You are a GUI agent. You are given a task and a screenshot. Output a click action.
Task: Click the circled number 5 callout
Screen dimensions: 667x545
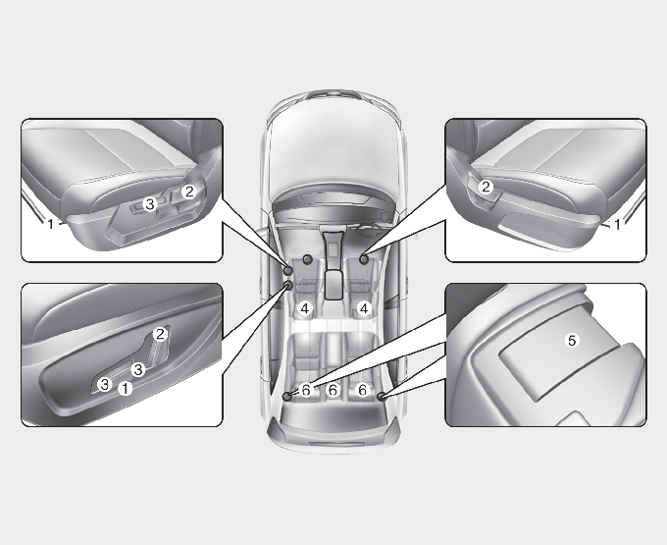pyautogui.click(x=572, y=340)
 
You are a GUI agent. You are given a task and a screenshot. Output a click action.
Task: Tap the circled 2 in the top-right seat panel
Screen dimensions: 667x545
pyautogui.click(x=486, y=187)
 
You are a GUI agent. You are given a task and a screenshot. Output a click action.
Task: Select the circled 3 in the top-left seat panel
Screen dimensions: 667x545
pyautogui.click(x=150, y=204)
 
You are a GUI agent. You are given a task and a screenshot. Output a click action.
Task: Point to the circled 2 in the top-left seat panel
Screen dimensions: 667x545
pyautogui.click(x=189, y=191)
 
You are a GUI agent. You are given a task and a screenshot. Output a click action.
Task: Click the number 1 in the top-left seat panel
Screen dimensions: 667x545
pyautogui.click(x=51, y=223)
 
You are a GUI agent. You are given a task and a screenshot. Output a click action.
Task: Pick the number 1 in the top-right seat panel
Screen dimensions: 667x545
pyautogui.click(x=617, y=224)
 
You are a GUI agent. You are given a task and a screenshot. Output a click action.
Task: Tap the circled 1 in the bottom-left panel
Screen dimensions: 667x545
pyautogui.click(x=126, y=388)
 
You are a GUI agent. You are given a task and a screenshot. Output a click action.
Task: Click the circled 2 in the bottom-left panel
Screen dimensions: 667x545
pyautogui.click(x=160, y=334)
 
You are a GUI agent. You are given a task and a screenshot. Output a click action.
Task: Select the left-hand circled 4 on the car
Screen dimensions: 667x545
pyautogui.click(x=305, y=308)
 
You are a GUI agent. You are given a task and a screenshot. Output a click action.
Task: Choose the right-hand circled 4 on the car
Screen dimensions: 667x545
pyautogui.click(x=364, y=308)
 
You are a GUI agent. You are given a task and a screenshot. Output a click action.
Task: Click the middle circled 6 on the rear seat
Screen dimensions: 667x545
pyautogui.click(x=333, y=390)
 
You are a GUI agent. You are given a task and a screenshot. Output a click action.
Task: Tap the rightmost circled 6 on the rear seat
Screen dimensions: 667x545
pyautogui.click(x=362, y=390)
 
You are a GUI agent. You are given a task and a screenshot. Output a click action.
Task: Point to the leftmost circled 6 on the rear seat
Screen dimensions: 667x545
pyautogui.click(x=306, y=390)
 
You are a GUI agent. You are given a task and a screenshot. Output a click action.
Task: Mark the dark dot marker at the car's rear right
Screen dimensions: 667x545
pyautogui.click(x=382, y=397)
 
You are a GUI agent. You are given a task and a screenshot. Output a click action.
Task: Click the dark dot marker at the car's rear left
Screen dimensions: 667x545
pyautogui.click(x=287, y=397)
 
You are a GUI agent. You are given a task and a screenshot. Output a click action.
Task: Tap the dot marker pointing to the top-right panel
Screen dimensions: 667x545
pyautogui.click(x=364, y=258)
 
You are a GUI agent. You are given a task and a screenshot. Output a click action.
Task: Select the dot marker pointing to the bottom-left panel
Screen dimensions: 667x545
pyautogui.click(x=288, y=285)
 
